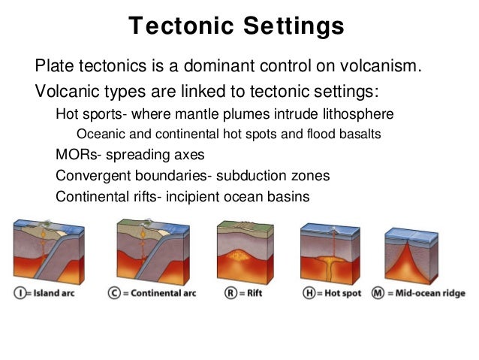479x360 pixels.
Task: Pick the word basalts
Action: point(359,135)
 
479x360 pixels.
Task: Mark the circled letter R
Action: point(231,292)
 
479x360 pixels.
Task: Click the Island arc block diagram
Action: point(47,252)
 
